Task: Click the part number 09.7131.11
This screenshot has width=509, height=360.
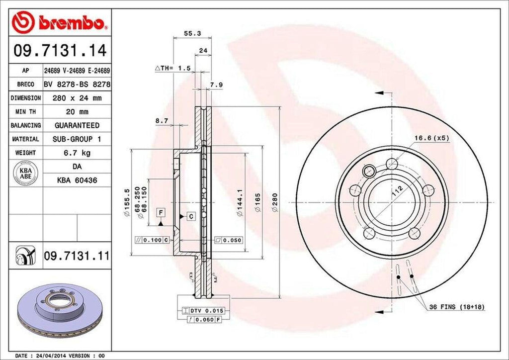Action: coord(77,256)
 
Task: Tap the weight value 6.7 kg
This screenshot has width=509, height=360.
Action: coord(77,153)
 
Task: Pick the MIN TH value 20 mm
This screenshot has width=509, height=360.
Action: coord(77,112)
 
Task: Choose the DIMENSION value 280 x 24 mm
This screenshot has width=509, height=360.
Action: coord(77,98)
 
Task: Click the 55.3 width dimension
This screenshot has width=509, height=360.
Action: coord(192,34)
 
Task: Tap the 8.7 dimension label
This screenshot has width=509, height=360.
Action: coord(162,121)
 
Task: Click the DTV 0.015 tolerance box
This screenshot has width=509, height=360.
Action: coord(204,310)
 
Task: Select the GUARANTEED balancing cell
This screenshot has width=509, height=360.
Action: coord(77,125)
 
